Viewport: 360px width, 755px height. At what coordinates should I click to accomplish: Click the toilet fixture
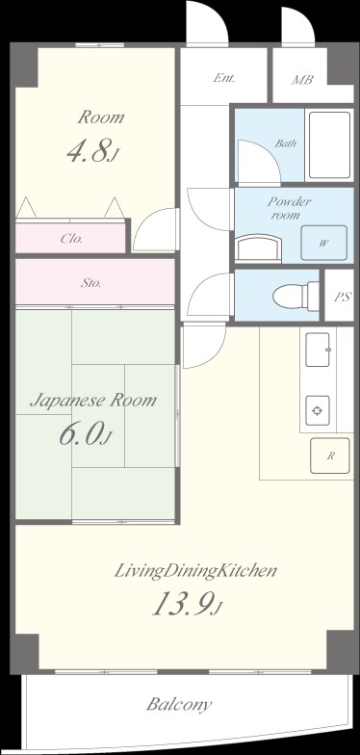pos(295,297)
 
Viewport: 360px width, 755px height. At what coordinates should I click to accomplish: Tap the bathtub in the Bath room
pos(329,144)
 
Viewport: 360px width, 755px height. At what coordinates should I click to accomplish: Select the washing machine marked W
pos(323,243)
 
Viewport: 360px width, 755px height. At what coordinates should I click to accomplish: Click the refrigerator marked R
pos(330,456)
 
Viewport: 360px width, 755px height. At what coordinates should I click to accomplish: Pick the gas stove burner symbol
pos(318,410)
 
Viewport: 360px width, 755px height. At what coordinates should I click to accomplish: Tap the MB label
pos(302,79)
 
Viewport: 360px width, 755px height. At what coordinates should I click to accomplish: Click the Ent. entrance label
pos(224,78)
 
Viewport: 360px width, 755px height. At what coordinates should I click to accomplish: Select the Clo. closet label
pos(71,239)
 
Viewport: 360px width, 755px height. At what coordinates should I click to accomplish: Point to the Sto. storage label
pos(90,283)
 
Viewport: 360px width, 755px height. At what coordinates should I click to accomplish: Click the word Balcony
pos(179,705)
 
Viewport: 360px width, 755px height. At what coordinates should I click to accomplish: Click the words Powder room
pos(289,208)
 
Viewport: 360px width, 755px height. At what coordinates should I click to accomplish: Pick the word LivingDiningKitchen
pos(195,572)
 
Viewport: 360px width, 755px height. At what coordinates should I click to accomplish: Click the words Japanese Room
pos(93,401)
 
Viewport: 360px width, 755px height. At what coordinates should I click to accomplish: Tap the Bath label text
pos(285,143)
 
